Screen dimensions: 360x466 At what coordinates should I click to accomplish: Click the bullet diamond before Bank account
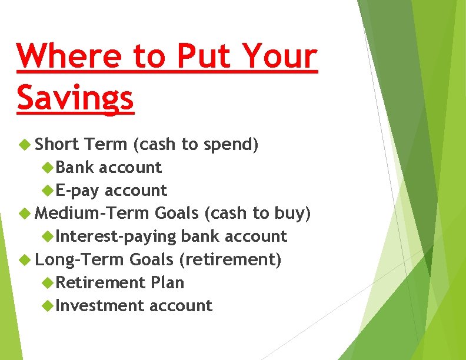pos(49,168)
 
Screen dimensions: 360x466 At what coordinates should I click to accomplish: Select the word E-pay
pos(78,191)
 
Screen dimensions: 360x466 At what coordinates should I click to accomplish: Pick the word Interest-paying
pos(116,236)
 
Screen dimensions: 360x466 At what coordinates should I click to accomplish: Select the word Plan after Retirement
pos(167,282)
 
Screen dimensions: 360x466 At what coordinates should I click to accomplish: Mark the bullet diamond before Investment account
pos(49,306)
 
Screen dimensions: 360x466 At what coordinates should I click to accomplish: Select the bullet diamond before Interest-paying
pos(49,236)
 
